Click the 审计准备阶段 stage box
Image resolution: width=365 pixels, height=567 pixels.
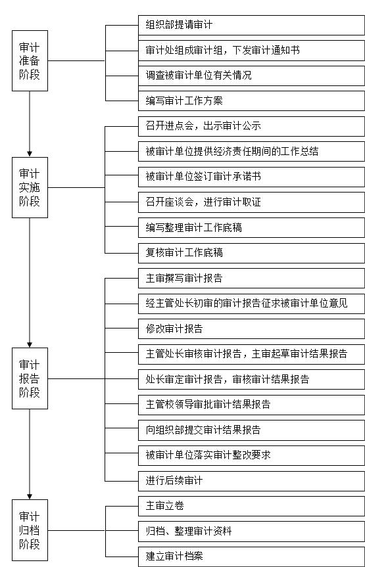[30, 60]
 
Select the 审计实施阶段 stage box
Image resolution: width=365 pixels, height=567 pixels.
[30, 187]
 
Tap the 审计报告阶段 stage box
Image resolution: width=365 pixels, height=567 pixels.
[30, 378]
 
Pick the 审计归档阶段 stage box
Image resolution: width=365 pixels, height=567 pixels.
[30, 530]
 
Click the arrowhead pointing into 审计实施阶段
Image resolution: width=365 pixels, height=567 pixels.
[30, 154]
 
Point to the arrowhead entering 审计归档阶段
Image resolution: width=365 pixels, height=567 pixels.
[30, 496]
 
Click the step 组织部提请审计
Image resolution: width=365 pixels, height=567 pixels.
[252, 25]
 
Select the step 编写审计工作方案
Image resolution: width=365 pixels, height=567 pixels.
[252, 101]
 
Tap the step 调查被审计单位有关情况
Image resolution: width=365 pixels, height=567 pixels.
[252, 76]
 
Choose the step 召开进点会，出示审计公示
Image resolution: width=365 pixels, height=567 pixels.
[252, 126]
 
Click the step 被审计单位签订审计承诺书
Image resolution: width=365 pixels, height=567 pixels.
[252, 177]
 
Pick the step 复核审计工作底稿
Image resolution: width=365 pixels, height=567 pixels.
[252, 253]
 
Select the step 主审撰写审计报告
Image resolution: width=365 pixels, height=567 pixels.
[252, 278]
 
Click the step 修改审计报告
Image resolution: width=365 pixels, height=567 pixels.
[252, 329]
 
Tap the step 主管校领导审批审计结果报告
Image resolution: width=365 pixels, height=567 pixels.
[252, 405]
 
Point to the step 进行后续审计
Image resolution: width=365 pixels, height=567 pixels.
[252, 481]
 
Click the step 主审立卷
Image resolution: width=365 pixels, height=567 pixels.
[252, 506]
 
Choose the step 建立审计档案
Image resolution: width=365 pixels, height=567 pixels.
[252, 556]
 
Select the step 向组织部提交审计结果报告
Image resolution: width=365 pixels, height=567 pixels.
[252, 430]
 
